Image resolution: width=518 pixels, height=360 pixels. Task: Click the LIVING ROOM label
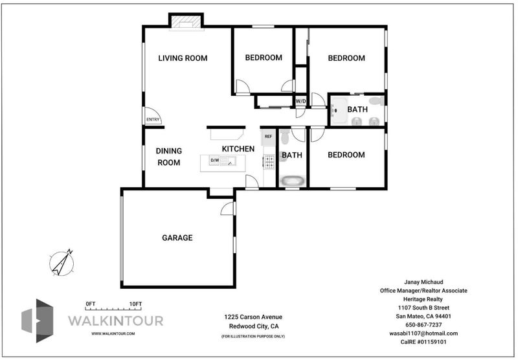(183, 58)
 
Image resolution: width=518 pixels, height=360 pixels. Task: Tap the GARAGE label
(177, 238)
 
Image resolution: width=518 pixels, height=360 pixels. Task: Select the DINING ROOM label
(168, 157)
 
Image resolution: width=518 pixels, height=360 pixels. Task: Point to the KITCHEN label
(238, 149)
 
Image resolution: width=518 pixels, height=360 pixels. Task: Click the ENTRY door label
(153, 120)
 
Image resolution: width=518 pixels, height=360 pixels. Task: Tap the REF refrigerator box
(268, 137)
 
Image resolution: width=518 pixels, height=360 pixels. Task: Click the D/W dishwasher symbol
(214, 161)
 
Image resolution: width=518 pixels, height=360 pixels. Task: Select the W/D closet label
(300, 102)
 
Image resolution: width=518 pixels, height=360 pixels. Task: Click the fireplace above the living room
(186, 22)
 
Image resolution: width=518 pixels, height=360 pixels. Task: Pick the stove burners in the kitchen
(269, 162)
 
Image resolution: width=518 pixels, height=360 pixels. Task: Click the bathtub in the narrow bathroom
(292, 181)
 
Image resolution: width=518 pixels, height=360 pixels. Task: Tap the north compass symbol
(62, 263)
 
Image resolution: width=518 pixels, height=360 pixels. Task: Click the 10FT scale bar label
(135, 304)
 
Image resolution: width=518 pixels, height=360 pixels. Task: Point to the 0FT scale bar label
(90, 304)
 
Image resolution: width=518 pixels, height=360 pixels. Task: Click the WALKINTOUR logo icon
(38, 321)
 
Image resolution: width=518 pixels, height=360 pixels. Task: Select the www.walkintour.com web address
(113, 333)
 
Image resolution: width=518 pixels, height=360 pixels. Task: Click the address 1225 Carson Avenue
(253, 317)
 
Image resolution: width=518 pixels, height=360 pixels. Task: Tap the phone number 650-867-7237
(423, 325)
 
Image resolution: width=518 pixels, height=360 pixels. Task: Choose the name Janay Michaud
(423, 282)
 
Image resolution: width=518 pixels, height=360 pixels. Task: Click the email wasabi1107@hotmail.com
(423, 333)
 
